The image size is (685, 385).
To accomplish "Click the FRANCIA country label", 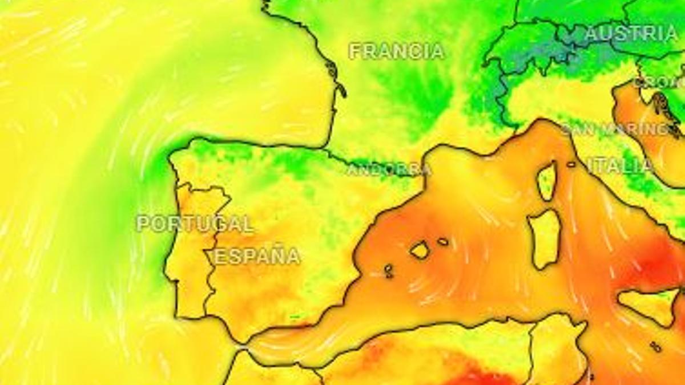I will coord(396,51).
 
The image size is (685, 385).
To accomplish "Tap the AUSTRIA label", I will coord(631,34).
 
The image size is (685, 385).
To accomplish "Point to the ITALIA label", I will coord(620,166).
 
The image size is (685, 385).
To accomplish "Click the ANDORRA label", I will coord(389,169).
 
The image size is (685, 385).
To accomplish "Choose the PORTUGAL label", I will coord(195,223).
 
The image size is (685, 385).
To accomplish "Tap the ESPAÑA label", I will coord(257,256).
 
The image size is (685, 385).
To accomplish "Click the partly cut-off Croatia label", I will coord(660,83).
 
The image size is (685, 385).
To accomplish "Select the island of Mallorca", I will coord(420,250).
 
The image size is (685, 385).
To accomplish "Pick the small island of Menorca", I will coord(443,241).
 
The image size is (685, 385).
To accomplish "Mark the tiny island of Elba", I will coord(571,164).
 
